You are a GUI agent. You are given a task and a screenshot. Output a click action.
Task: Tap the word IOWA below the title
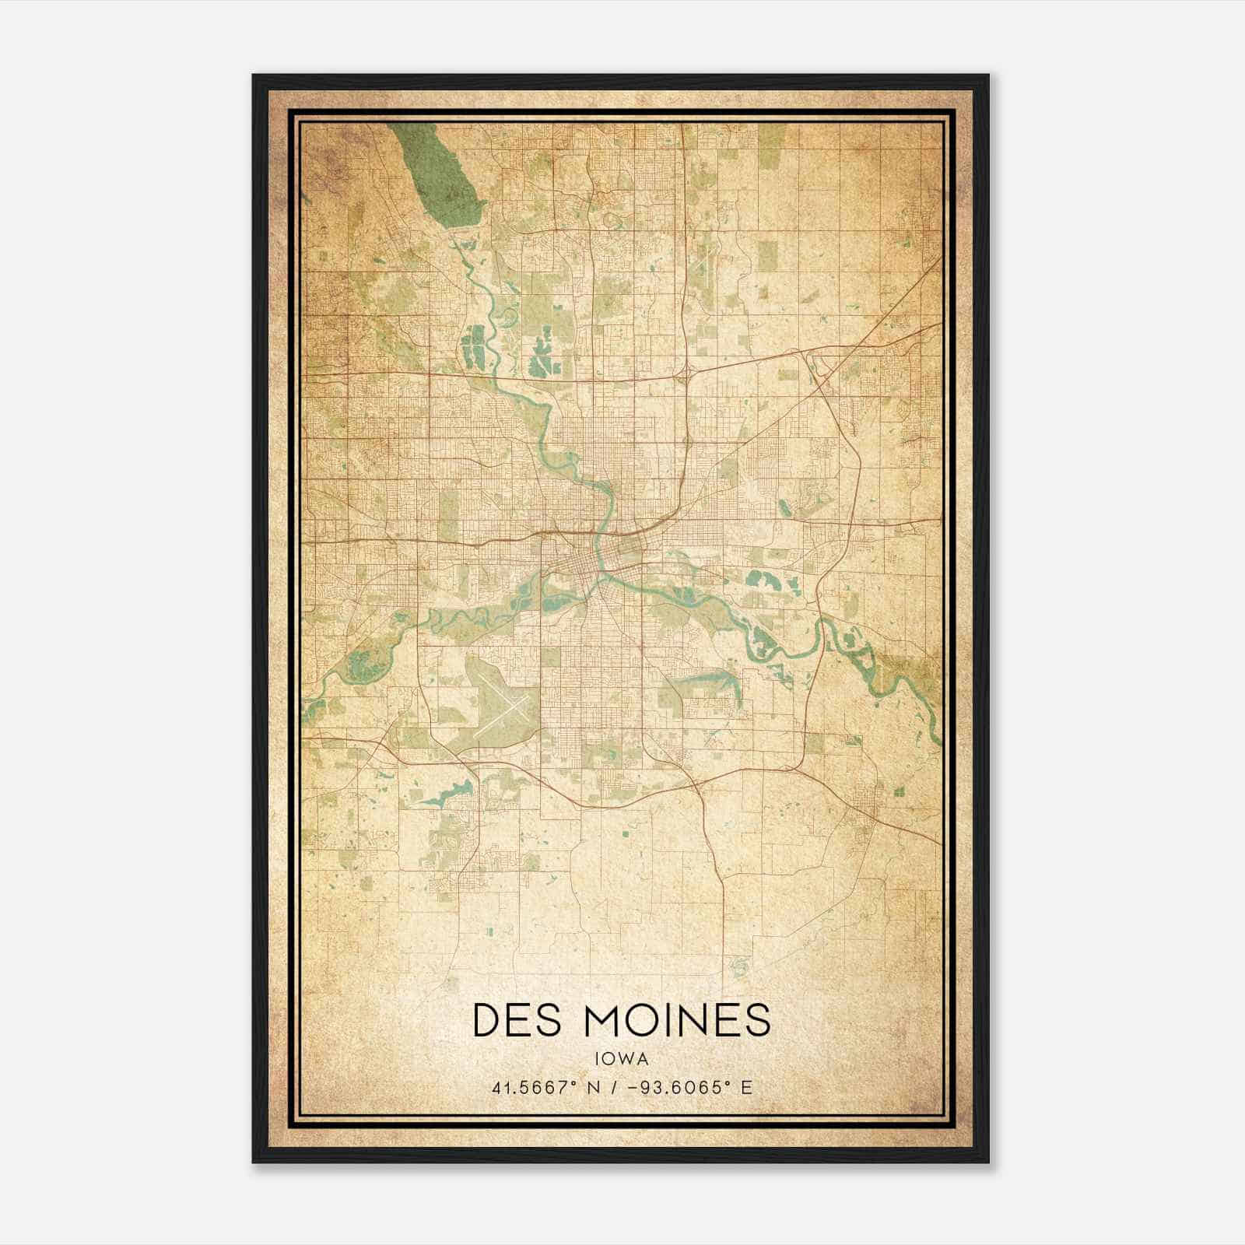click(x=622, y=1058)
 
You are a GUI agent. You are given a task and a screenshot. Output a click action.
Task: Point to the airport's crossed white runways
click(x=502, y=712)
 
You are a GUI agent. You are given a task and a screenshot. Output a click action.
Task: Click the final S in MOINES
click(x=756, y=1020)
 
